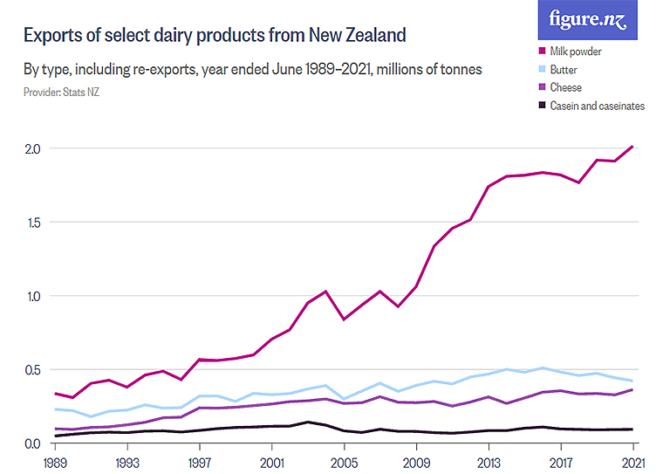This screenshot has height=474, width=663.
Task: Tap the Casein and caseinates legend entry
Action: point(597,106)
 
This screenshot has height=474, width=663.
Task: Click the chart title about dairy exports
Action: point(215,36)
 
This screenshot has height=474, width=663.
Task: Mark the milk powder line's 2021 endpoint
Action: point(632,146)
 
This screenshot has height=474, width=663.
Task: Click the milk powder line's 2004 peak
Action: point(325,291)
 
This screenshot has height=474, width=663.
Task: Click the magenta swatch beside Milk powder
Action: point(542,52)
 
